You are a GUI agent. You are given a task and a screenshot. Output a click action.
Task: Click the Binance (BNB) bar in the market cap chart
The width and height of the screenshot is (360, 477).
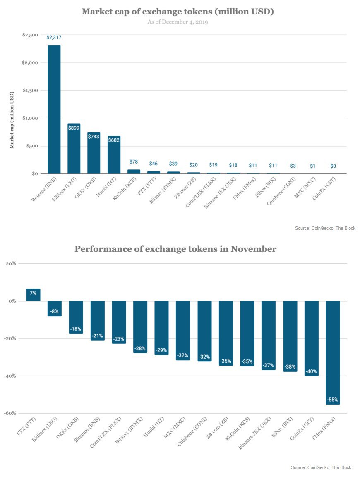pyautogui.click(x=54, y=109)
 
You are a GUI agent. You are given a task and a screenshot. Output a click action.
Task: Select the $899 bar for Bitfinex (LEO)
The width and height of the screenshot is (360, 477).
pyautogui.click(x=74, y=149)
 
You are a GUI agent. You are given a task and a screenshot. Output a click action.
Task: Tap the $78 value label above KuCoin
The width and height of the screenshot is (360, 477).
pyautogui.click(x=134, y=162)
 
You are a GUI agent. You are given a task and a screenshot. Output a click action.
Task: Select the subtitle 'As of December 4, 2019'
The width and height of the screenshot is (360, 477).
pyautogui.click(x=178, y=22)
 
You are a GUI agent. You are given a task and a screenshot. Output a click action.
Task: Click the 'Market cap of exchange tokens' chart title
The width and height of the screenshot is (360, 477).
pyautogui.click(x=178, y=11)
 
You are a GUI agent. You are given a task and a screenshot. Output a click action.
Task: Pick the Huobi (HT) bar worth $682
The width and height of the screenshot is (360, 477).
pyautogui.click(x=114, y=155)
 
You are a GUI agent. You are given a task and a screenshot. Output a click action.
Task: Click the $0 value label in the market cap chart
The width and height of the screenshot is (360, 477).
pyautogui.click(x=333, y=166)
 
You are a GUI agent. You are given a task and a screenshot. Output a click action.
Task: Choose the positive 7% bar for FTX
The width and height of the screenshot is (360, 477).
pyautogui.click(x=33, y=295)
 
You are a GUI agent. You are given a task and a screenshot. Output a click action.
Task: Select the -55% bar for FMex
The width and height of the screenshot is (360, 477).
pyautogui.click(x=333, y=352)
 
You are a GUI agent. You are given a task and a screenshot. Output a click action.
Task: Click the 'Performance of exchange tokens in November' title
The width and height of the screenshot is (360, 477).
pyautogui.click(x=175, y=249)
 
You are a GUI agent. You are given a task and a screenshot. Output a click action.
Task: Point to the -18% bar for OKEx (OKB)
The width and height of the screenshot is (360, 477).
pyautogui.click(x=76, y=317)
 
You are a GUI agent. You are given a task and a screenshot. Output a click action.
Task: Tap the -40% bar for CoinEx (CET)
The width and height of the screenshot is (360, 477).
pyautogui.click(x=311, y=338)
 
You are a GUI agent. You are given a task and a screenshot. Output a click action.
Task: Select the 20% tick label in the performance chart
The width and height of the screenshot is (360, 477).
pyautogui.click(x=10, y=263)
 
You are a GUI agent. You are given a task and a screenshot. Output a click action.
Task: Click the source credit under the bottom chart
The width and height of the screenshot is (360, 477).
pyautogui.click(x=321, y=467)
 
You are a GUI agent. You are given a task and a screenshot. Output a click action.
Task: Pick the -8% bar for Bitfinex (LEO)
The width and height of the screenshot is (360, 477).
pyautogui.click(x=55, y=308)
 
